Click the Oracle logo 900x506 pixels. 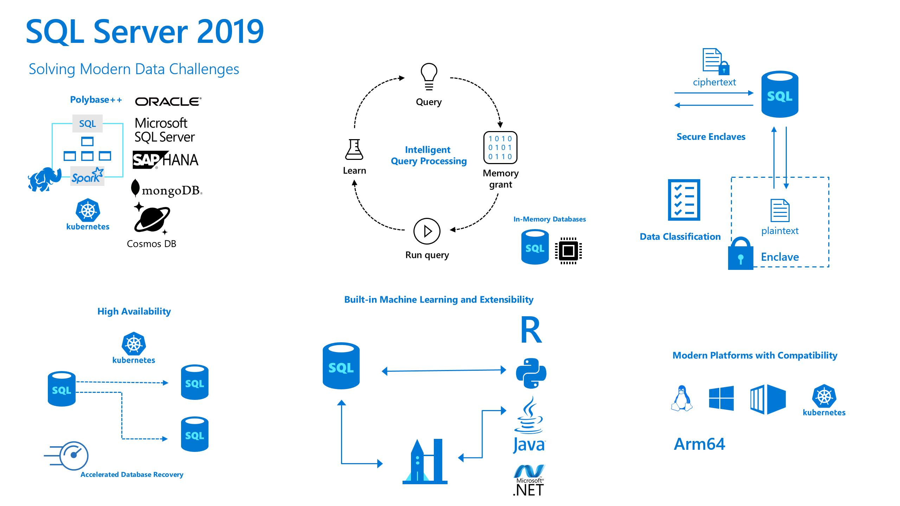pos(168,102)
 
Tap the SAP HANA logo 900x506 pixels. pos(165,160)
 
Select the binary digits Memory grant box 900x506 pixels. pos(500,148)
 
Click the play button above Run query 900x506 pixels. pos(427,231)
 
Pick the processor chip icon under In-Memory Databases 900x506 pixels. pos(568,251)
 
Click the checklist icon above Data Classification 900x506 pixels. pos(684,200)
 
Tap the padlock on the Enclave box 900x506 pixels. pos(740,254)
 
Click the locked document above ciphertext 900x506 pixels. pos(715,61)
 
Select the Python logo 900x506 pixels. pos(531,373)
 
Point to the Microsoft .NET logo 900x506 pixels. pos(529,480)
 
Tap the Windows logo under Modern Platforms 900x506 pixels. pos(721,398)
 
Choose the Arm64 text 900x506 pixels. pos(699,444)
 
